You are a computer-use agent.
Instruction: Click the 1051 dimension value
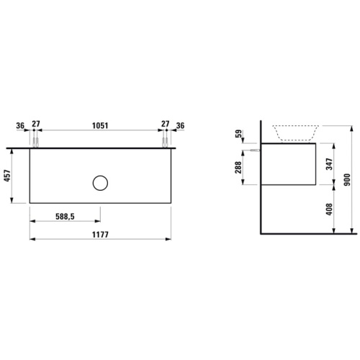click(100, 125)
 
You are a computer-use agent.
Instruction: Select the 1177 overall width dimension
click(100, 235)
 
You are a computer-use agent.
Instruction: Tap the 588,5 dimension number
click(65, 217)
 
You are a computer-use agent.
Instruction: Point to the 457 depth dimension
click(7, 176)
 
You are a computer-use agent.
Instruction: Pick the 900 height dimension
click(347, 179)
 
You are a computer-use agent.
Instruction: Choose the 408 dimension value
click(329, 210)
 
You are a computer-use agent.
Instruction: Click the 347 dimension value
click(329, 164)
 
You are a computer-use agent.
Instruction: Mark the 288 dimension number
click(238, 167)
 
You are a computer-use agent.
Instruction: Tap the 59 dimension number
click(238, 134)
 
